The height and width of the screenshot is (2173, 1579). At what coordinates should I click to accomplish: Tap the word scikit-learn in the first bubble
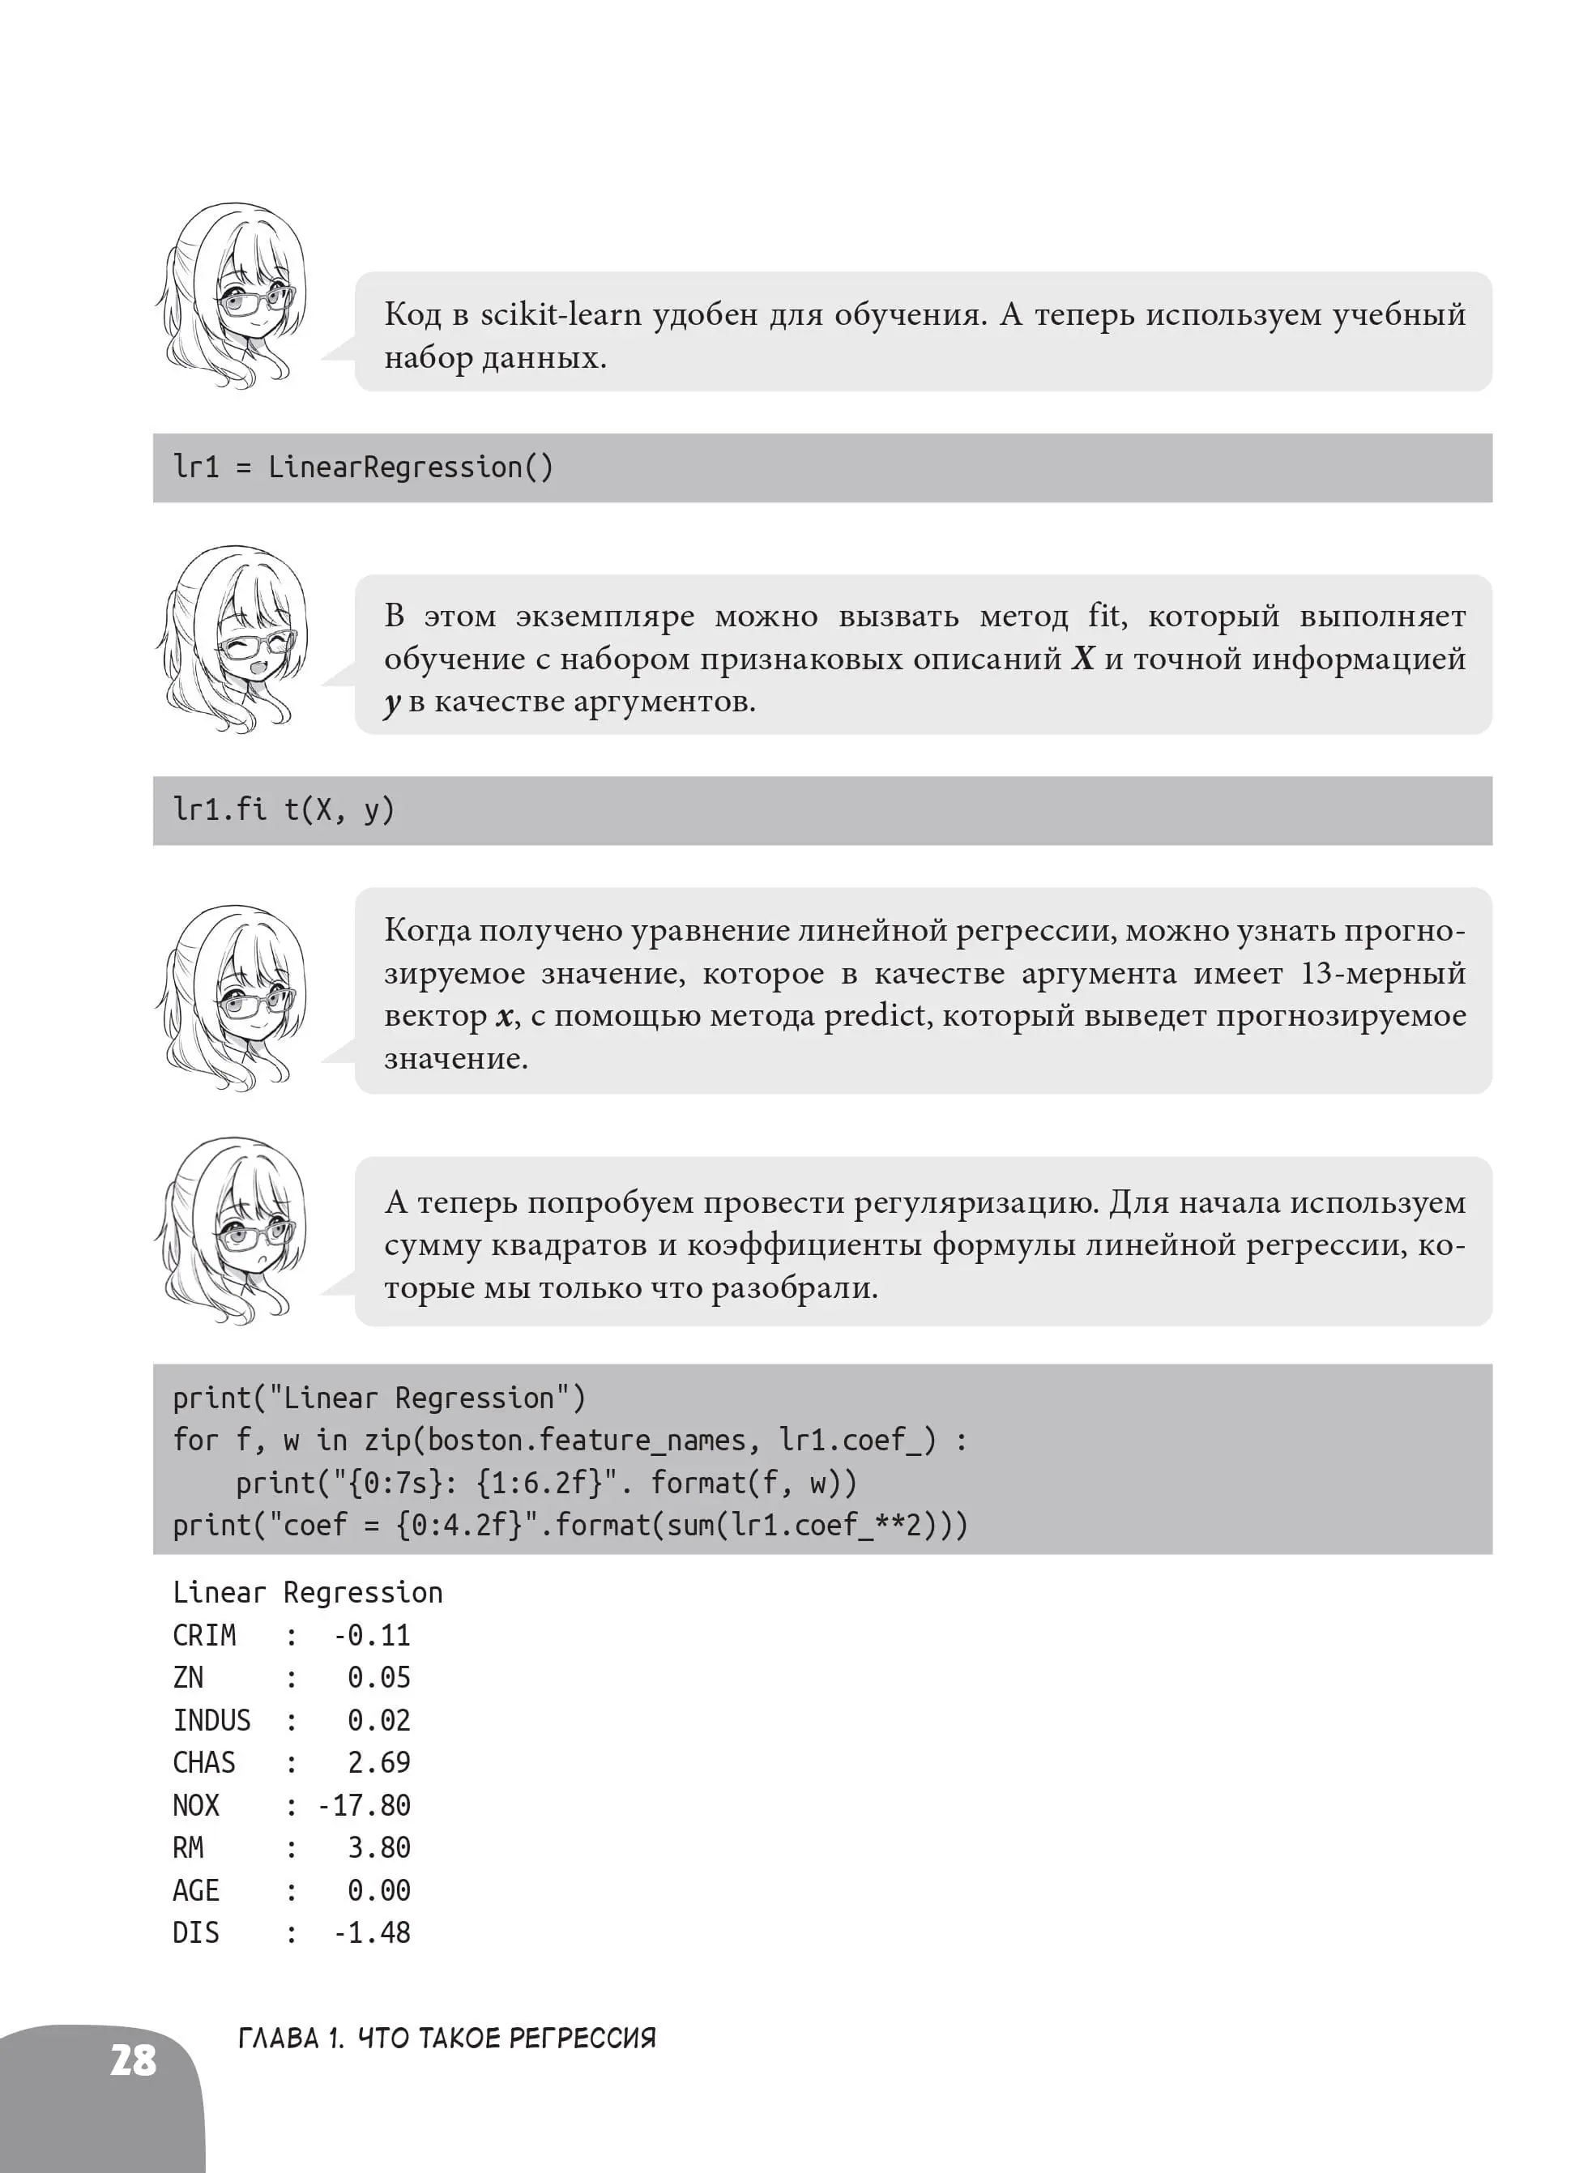(x=560, y=314)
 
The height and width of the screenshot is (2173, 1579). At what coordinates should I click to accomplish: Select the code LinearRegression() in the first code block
(x=410, y=467)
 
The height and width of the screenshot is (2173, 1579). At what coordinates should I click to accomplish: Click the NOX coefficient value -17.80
(x=364, y=1805)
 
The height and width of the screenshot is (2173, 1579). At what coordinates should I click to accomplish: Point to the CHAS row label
(x=203, y=1763)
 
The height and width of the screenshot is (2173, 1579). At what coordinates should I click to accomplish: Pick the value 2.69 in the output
(x=378, y=1763)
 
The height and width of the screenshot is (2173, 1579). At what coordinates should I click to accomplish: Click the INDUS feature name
(x=211, y=1720)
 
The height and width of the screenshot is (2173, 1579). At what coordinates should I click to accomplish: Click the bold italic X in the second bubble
(x=1082, y=660)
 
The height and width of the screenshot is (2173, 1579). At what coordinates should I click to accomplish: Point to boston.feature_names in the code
(x=587, y=1440)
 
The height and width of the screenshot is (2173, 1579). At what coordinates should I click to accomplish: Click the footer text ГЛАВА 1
(x=289, y=2038)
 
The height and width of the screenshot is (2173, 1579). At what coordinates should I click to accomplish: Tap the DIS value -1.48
(x=372, y=1932)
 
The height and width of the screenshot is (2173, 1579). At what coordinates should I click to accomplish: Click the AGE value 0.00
(x=378, y=1890)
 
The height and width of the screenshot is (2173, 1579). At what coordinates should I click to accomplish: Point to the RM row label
(x=188, y=1847)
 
